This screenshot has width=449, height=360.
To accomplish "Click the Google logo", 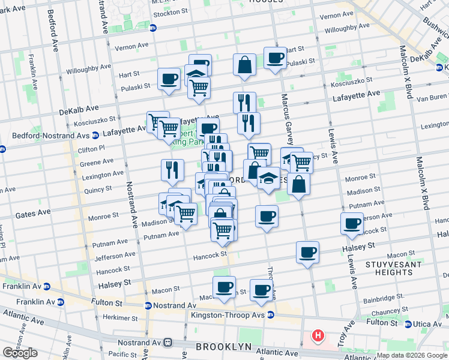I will (20, 353).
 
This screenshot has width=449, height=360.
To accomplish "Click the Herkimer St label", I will (104, 317).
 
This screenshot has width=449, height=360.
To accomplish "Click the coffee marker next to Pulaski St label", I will (169, 78).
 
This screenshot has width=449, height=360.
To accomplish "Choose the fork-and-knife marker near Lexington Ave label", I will (172, 169).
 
